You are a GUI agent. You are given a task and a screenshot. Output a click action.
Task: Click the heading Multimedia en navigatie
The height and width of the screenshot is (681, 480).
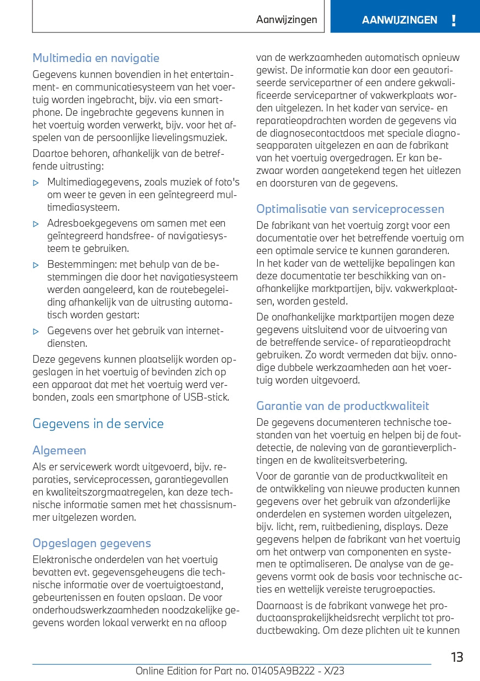[95, 58]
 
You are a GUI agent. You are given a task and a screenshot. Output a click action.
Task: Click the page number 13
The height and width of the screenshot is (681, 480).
[457, 657]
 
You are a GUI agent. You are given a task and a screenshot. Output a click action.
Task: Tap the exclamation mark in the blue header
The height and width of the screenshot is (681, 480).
[453, 21]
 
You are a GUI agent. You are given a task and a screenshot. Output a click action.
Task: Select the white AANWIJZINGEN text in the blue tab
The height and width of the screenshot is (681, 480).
[399, 20]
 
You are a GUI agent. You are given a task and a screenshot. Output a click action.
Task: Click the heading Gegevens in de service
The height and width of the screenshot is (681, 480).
[98, 424]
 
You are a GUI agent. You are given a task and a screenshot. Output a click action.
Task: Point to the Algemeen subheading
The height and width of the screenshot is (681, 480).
[59, 451]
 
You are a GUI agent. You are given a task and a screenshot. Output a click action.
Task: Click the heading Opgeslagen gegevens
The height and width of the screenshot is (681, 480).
[92, 543]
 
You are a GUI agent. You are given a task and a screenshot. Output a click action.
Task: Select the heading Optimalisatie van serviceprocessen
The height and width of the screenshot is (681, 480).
[350, 209]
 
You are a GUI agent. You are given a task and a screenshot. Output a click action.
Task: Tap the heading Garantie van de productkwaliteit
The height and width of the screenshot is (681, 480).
[342, 406]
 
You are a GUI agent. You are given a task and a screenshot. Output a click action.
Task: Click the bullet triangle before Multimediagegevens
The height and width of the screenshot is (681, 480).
[36, 182]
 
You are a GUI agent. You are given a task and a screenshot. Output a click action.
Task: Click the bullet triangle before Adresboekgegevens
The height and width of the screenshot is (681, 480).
[36, 224]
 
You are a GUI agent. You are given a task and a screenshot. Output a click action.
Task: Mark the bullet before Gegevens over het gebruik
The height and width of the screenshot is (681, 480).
[36, 331]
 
